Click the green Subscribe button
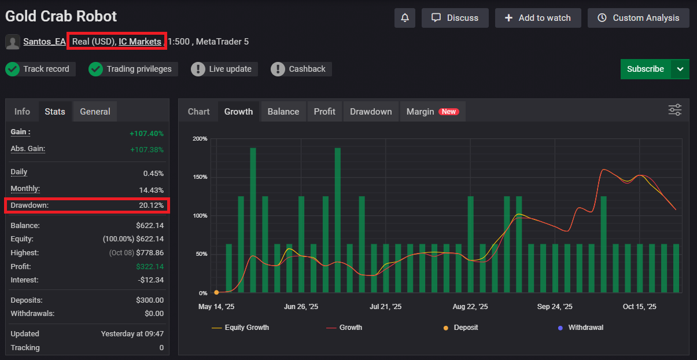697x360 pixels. (646, 69)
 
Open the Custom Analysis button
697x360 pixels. (638, 18)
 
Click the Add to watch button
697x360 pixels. (537, 18)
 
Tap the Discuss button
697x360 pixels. (455, 18)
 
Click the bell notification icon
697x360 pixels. (405, 18)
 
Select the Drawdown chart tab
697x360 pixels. (370, 112)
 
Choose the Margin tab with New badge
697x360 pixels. (432, 112)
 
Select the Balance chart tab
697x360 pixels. (283, 112)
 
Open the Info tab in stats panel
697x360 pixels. (22, 112)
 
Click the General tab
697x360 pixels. (95, 112)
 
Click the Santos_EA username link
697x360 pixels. (45, 42)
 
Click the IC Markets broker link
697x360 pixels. (140, 42)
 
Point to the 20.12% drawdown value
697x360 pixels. (151, 205)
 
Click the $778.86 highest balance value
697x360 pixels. (149, 253)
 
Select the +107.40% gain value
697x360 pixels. (146, 133)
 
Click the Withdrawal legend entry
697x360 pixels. (585, 328)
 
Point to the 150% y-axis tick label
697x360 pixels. (200, 177)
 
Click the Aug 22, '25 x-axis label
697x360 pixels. (470, 307)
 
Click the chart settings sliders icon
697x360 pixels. (675, 110)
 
